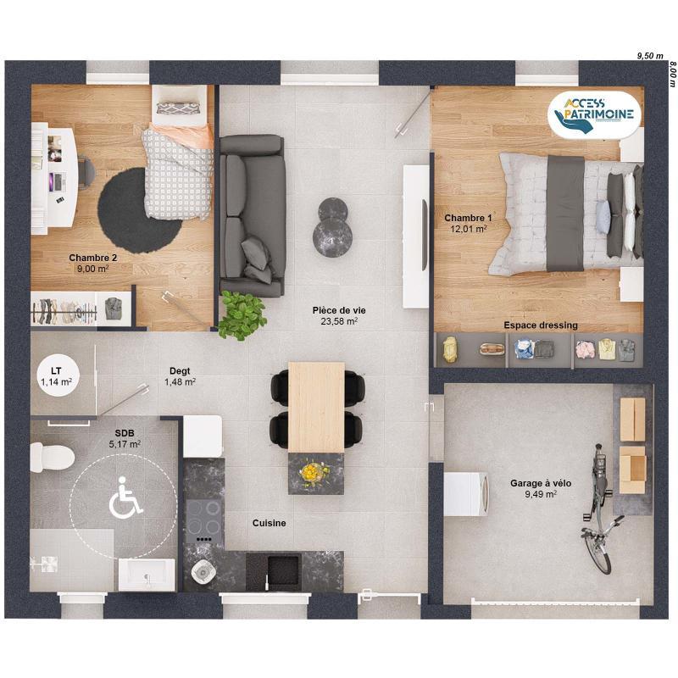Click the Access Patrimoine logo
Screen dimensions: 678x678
pos(594,114)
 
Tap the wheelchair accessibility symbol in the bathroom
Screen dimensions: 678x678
pos(126,497)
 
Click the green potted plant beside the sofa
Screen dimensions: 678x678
pos(242,315)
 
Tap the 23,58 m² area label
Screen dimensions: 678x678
pos(337,321)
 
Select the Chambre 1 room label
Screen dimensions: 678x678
pos(467,218)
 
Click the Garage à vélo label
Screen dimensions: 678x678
pos(540,483)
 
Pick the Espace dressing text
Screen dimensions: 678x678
pos(540,325)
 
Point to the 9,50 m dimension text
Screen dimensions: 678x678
pos(649,55)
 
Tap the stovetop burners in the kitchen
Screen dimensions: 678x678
pos(203,517)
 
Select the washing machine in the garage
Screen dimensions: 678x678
pos(466,493)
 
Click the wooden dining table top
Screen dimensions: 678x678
pos(316,405)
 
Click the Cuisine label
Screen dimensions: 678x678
pos(269,524)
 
